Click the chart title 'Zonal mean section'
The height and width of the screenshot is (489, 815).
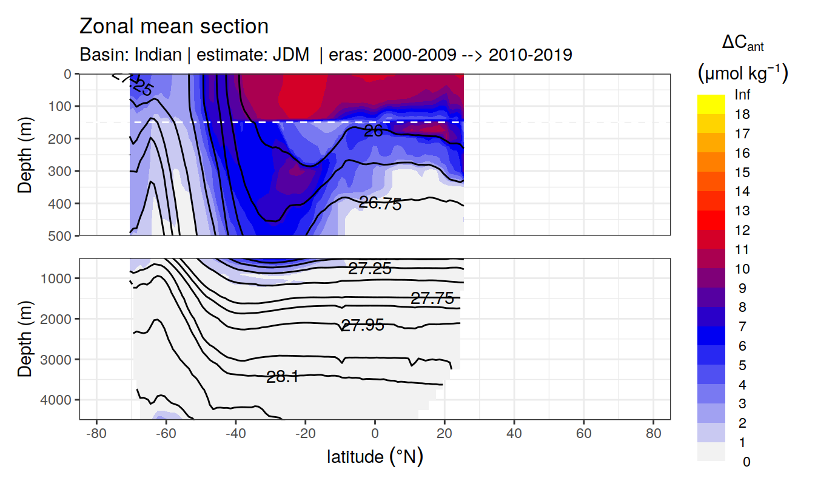click(174, 27)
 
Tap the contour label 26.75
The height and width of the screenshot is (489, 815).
click(380, 204)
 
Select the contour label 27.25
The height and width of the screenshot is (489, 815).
click(369, 269)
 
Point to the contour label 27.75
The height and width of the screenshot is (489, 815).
click(432, 298)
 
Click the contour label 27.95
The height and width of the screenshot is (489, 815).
click(363, 326)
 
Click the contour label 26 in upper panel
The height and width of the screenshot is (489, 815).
click(373, 130)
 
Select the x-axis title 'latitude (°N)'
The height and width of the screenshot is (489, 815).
click(375, 456)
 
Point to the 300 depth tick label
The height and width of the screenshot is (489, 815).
click(59, 171)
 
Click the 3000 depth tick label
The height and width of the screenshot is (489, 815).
click(56, 359)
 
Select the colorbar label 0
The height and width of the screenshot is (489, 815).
click(746, 462)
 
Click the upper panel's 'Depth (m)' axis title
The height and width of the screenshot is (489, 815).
click(25, 154)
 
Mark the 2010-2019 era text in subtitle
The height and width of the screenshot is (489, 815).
click(531, 55)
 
